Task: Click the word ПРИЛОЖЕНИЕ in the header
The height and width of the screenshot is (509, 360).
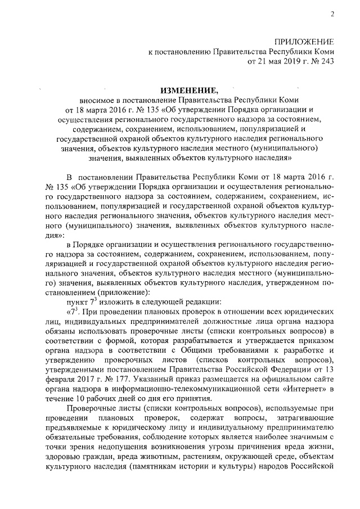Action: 304,42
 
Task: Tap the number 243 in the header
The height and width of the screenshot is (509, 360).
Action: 327,62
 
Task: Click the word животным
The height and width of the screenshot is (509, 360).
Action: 151,457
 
